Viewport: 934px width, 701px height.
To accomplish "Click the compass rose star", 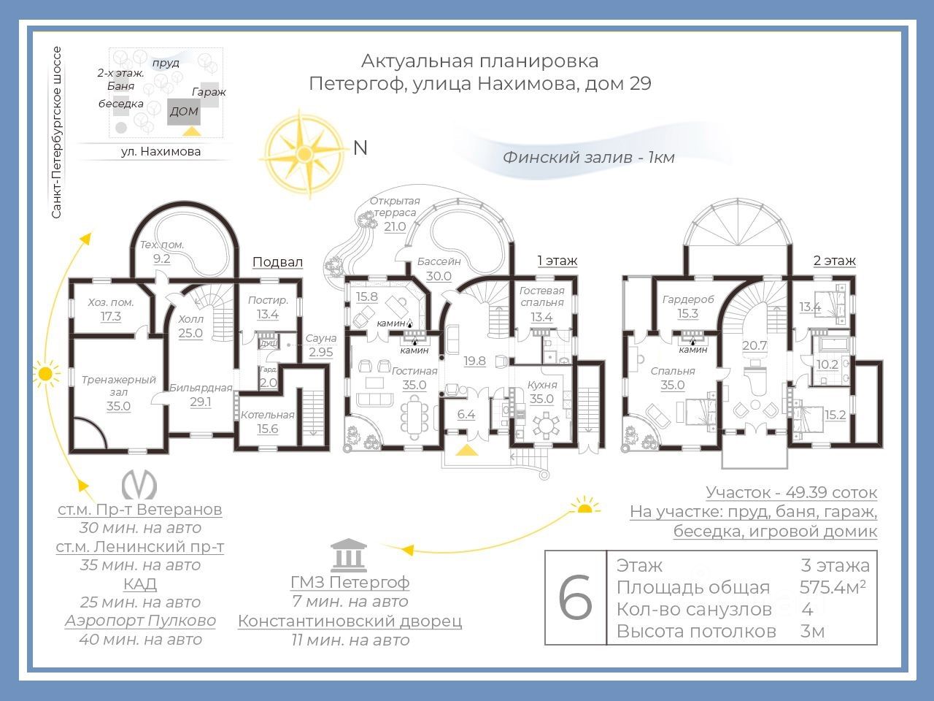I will [304, 154].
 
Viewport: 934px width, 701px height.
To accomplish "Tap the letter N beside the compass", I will [360, 148].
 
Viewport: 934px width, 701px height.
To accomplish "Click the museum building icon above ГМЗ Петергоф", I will [348, 555].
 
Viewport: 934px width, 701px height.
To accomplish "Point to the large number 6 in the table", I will [575, 598].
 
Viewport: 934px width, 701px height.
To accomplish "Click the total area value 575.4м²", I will [833, 587].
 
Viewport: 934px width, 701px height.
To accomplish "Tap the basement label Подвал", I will [277, 262].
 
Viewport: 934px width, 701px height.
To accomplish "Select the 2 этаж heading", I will [835, 261].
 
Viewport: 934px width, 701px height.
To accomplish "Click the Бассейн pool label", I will [439, 261].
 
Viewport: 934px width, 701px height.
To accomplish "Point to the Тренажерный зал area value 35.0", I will [118, 406].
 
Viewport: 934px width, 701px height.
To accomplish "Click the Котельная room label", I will [267, 415].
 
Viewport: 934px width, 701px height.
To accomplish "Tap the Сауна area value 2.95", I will [321, 352].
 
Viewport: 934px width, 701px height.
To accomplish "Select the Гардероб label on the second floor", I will [688, 299].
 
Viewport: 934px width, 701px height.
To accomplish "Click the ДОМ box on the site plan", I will [184, 112].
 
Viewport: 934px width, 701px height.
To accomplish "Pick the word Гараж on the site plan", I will [209, 92].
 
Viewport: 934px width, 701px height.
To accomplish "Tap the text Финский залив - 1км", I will [588, 157].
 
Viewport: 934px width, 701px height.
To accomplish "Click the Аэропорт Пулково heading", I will [140, 621].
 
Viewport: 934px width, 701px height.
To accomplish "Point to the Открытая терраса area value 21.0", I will [395, 226].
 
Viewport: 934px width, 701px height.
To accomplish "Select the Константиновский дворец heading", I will [350, 621].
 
